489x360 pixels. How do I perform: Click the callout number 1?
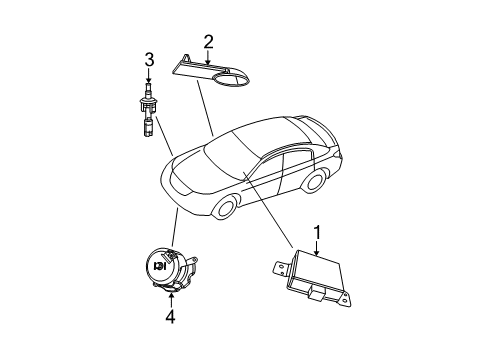tap(318, 233)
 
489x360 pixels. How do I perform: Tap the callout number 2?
tap(209, 42)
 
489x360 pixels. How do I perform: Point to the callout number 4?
tap(171, 317)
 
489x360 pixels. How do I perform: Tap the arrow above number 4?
tap(171, 300)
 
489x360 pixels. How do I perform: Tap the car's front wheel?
tap(226, 207)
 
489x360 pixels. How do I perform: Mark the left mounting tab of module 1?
tap(280, 267)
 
